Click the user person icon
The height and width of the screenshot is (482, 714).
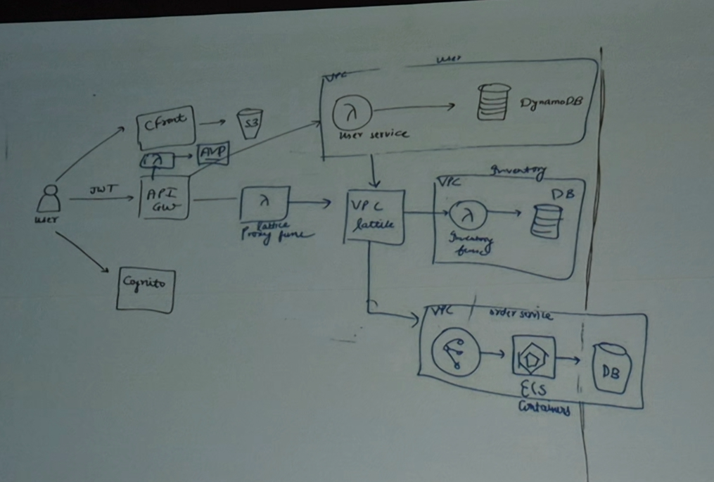click(x=49, y=199)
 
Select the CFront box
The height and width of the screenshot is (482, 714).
click(x=166, y=125)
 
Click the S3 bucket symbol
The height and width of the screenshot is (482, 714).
click(x=249, y=123)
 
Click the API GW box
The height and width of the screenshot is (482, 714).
click(x=165, y=198)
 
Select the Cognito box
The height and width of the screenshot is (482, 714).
click(x=145, y=288)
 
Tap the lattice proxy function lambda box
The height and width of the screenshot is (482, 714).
click(x=264, y=203)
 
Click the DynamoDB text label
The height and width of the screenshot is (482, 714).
click(x=552, y=103)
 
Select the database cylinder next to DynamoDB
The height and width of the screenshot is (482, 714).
click(x=493, y=103)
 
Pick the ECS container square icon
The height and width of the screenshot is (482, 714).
click(x=533, y=357)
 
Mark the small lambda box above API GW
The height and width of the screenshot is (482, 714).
click(x=160, y=161)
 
